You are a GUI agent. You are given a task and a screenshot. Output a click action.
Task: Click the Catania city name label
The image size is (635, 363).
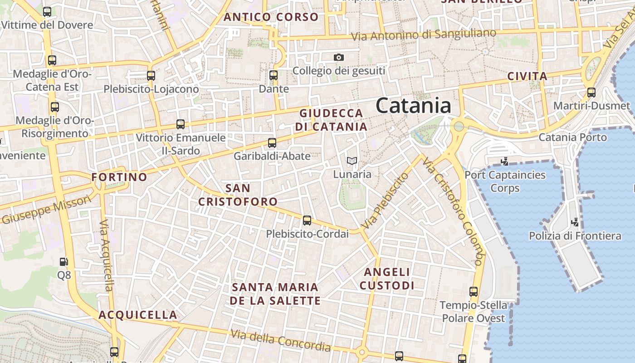tap(413, 106)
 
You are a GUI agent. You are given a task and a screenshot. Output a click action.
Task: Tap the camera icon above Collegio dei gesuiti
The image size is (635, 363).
tap(338, 57)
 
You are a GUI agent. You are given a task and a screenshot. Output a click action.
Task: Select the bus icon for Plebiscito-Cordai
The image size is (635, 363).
tap(307, 221)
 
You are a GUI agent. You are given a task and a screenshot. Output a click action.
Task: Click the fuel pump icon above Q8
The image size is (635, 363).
tap(64, 262)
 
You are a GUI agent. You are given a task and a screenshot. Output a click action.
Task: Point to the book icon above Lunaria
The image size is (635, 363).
tap(352, 161)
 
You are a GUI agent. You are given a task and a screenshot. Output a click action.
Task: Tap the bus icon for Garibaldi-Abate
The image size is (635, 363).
tap(272, 143)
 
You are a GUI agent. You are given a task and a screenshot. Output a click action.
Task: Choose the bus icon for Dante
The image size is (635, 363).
tap(273, 75)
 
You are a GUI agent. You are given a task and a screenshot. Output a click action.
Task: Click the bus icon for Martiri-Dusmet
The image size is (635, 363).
tap(591, 93)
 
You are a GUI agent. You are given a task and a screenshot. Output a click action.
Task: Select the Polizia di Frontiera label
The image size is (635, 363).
tap(575, 235)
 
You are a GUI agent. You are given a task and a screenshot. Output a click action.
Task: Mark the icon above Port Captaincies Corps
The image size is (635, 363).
tap(504, 161)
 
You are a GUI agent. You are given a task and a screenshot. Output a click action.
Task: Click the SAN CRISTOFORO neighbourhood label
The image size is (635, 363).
tap(238, 195)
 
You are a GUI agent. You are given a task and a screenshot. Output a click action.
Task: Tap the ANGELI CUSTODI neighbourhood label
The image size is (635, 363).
tap(387, 279)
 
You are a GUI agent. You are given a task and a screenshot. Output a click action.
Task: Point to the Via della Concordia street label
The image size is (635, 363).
tap(281, 340)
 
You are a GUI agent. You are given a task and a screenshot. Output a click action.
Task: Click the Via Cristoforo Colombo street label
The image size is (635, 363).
tap(453, 211)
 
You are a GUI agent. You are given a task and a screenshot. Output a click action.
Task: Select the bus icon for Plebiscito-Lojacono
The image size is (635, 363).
tap(151, 76)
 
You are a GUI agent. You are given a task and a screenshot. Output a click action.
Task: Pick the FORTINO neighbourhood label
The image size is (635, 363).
tap(119, 177)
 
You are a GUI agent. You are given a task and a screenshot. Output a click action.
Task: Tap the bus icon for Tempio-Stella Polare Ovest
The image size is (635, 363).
tap(474, 292)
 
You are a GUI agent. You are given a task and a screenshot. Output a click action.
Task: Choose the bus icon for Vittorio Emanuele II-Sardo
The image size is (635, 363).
tap(181, 124)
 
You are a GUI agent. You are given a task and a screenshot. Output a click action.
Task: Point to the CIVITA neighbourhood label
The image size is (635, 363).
tap(527, 76)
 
